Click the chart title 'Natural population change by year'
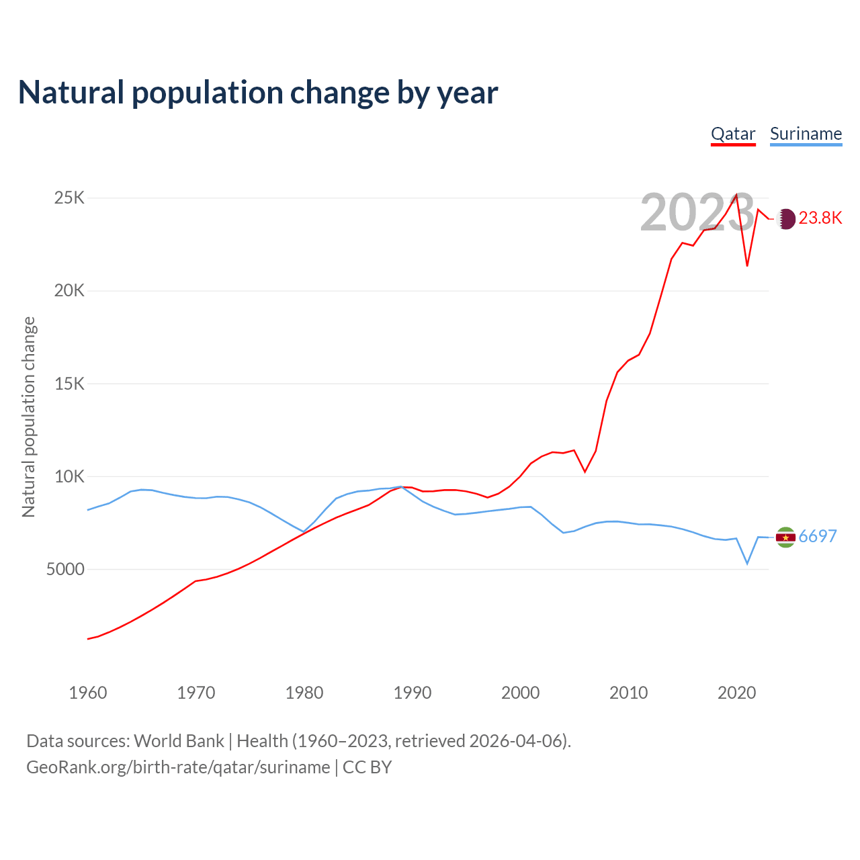(258, 93)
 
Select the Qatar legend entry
(733, 134)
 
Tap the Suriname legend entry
(806, 134)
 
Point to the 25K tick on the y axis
(70, 198)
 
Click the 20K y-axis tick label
(70, 291)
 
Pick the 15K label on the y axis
(70, 384)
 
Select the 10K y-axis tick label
(70, 476)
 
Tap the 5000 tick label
(66, 570)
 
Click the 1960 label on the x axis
(88, 693)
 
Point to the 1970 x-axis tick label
(196, 693)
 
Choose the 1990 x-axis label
(413, 693)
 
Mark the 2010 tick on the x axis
(629, 693)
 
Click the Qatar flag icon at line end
(785, 218)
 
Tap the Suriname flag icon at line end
(785, 537)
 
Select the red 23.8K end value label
(820, 218)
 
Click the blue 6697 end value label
(818, 537)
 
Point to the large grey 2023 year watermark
(697, 213)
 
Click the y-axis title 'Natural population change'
(29, 417)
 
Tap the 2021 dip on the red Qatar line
(747, 265)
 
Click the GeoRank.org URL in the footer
(178, 767)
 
